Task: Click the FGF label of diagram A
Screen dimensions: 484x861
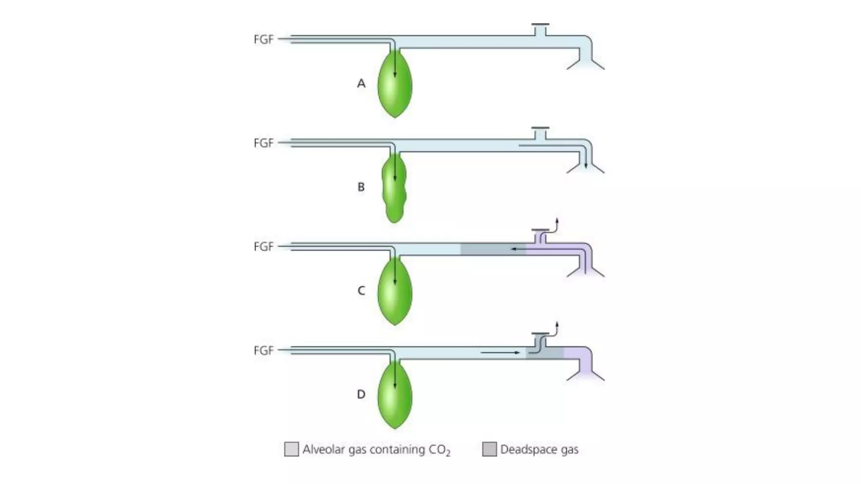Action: tap(264, 39)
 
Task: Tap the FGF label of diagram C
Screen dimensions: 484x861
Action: tap(264, 247)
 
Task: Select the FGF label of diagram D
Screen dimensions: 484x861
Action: tap(264, 350)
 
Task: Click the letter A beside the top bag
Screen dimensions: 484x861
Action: tap(361, 84)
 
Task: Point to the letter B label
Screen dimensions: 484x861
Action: tap(361, 187)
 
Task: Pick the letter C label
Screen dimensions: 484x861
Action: tap(361, 291)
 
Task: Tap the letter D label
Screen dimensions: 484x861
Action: tap(361, 395)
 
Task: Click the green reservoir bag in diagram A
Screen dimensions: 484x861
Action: tap(394, 86)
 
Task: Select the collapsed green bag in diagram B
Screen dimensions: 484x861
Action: tap(394, 189)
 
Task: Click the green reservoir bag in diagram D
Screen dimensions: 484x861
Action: tap(394, 397)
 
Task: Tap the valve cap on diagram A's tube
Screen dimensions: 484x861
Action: tap(540, 25)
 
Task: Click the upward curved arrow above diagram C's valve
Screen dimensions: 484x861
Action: tap(556, 225)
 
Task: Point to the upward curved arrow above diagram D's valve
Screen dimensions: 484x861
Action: tap(556, 329)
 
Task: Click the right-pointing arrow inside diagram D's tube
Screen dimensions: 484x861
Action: tap(500, 352)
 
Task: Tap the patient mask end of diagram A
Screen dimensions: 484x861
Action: tap(586, 63)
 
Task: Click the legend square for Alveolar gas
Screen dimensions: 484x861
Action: tap(291, 449)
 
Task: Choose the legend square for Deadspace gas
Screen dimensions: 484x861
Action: tap(489, 449)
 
